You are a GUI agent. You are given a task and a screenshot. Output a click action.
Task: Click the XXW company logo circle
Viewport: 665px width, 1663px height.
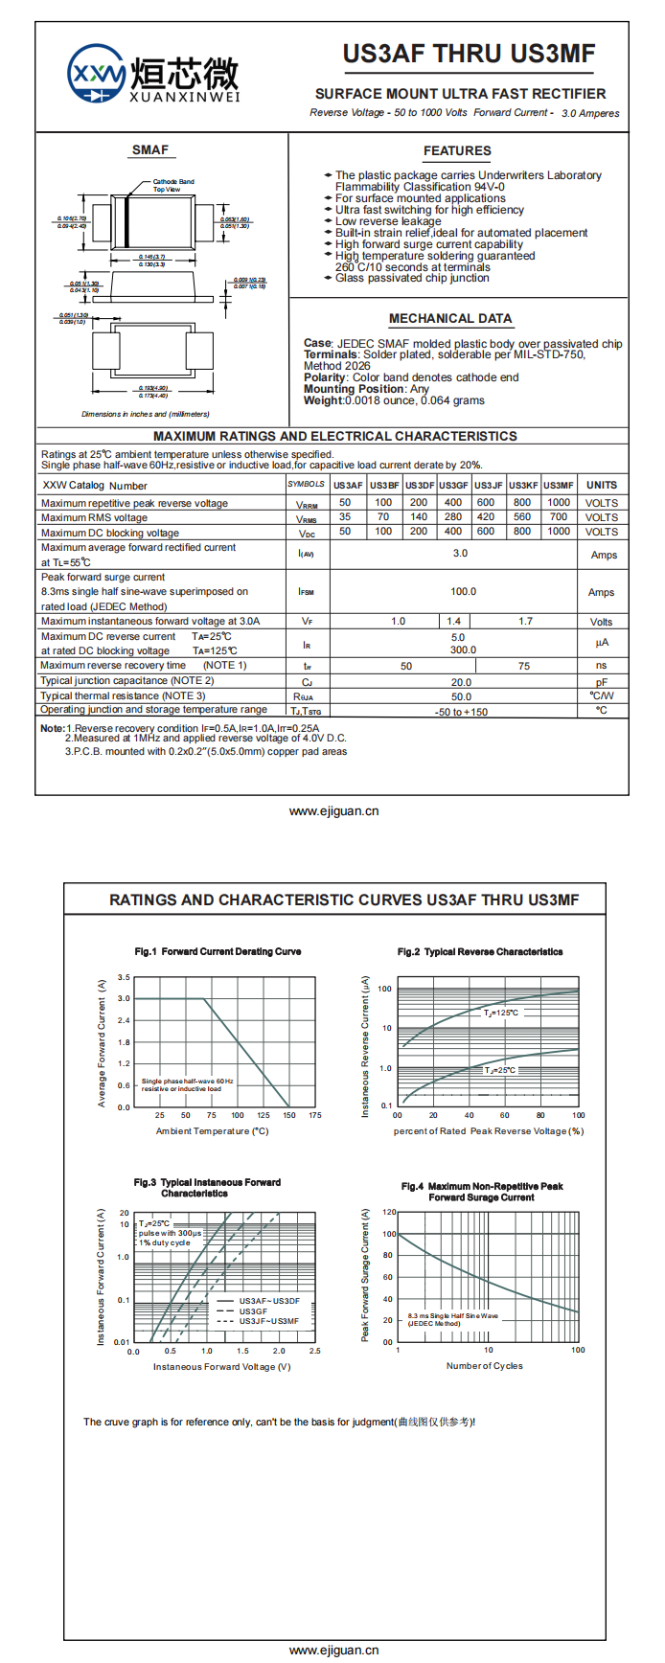pyautogui.click(x=96, y=73)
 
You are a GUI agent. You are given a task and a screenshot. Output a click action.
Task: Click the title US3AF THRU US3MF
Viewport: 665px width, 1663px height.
pyautogui.click(x=469, y=54)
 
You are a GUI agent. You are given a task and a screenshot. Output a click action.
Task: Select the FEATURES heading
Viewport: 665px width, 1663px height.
pyautogui.click(x=457, y=150)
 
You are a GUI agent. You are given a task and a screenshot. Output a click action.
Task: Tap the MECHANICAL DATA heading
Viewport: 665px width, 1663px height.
pyautogui.click(x=449, y=318)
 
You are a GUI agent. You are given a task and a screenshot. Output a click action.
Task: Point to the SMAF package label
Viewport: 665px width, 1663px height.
pyautogui.click(x=149, y=149)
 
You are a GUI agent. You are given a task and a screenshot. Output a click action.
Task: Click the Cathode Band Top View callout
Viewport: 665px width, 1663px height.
pyautogui.click(x=172, y=185)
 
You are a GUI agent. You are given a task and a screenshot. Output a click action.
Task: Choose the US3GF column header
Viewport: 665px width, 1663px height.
pyautogui.click(x=453, y=485)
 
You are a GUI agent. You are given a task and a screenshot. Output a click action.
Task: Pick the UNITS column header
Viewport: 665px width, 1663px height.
pyautogui.click(x=602, y=485)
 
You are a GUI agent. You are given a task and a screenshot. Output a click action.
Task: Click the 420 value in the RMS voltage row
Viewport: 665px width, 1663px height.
pyautogui.click(x=486, y=517)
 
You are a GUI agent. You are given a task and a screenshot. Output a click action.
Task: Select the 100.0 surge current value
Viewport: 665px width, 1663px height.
pyautogui.click(x=463, y=592)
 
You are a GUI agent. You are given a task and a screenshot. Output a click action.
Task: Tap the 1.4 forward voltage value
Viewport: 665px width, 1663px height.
pyautogui.click(x=454, y=622)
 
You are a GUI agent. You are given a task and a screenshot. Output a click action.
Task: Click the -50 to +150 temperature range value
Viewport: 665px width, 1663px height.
pyautogui.click(x=461, y=712)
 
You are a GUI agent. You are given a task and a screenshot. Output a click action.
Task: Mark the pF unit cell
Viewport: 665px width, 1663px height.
pyautogui.click(x=602, y=682)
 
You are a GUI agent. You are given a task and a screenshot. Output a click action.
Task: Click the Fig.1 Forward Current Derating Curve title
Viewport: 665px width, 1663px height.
pyautogui.click(x=218, y=951)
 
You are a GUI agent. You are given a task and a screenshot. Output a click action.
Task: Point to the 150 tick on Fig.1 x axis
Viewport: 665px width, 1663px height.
pyautogui.click(x=289, y=1115)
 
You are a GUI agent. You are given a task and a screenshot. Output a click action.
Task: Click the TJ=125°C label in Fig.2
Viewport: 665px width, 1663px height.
pyautogui.click(x=501, y=1013)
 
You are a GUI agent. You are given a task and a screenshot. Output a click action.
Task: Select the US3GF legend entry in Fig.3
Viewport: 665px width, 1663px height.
pyautogui.click(x=253, y=1311)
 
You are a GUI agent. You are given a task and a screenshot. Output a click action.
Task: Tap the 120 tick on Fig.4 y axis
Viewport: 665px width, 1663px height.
pyautogui.click(x=389, y=1213)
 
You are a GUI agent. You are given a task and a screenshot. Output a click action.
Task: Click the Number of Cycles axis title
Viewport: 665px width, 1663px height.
pyautogui.click(x=485, y=1366)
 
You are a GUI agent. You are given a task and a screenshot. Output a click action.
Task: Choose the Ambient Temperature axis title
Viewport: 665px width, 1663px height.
pyautogui.click(x=212, y=1131)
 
